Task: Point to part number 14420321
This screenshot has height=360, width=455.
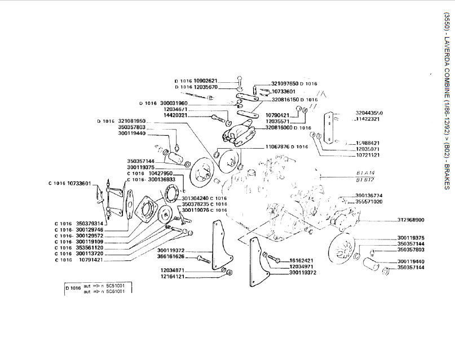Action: [175, 115]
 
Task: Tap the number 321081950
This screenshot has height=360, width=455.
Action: [132, 121]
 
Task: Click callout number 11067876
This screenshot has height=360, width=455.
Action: [277, 146]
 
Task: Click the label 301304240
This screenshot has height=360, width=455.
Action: [195, 198]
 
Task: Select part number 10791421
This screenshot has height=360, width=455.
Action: [91, 260]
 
